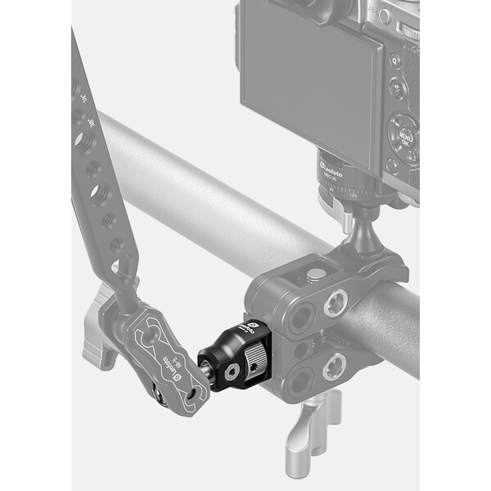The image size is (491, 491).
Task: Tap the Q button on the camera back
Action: pyautogui.click(x=395, y=60)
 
